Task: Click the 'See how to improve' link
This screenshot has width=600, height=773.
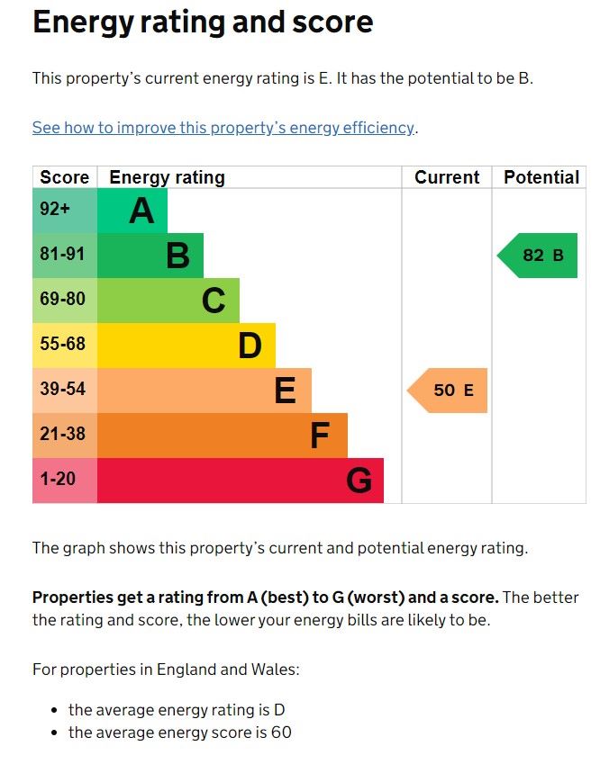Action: click(223, 128)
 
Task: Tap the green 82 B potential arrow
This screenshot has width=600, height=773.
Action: click(539, 256)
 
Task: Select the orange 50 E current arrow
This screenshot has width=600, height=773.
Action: click(449, 391)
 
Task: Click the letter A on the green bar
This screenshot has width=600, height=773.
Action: click(141, 211)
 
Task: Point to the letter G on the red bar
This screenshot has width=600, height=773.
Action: click(359, 481)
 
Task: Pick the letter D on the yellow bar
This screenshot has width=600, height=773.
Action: click(250, 346)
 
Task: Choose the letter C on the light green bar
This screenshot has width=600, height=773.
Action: click(214, 301)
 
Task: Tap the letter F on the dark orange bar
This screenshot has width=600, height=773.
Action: click(320, 436)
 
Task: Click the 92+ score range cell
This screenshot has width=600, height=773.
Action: click(55, 210)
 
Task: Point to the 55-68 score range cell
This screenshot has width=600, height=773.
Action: click(62, 344)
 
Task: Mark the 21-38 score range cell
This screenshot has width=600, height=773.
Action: click(62, 435)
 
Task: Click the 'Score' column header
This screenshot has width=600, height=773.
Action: click(64, 177)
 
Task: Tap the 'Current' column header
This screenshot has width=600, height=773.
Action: click(447, 177)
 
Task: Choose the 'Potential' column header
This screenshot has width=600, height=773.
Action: click(541, 177)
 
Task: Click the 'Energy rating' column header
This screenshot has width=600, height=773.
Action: click(167, 177)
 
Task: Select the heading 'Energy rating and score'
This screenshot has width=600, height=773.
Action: click(203, 22)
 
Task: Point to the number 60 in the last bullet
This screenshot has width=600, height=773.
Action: click(280, 733)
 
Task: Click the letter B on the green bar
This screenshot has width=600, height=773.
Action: click(178, 256)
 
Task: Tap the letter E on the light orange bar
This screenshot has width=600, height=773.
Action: click(285, 391)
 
